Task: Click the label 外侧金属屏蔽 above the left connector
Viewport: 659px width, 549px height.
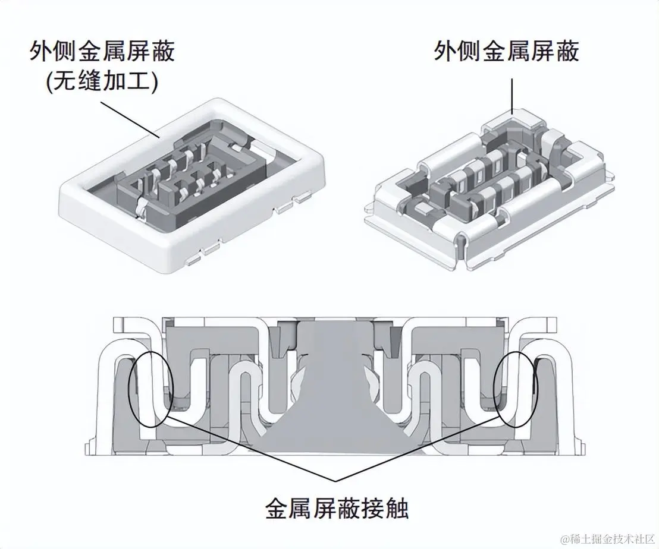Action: click(x=102, y=52)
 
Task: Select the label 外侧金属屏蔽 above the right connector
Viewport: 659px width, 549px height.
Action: click(x=506, y=52)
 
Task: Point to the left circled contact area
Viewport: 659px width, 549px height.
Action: click(x=150, y=389)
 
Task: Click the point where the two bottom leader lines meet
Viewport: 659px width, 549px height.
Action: click(x=337, y=480)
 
